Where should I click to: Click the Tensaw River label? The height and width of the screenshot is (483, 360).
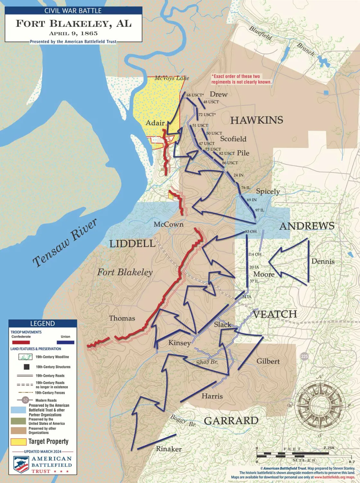pyautogui.click(x=65, y=243)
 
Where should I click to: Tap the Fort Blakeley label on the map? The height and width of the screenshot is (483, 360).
pyautogui.click(x=125, y=272)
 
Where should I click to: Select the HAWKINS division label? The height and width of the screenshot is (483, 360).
pyautogui.click(x=256, y=120)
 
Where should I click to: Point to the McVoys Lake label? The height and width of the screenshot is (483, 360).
pyautogui.click(x=172, y=78)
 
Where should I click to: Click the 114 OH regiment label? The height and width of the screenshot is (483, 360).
pyautogui.click(x=255, y=254)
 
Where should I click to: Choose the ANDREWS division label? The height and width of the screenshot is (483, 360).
pyautogui.click(x=307, y=226)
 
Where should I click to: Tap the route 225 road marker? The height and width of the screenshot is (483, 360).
pyautogui.click(x=304, y=356)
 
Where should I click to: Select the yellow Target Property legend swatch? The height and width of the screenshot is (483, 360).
pyautogui.click(x=18, y=442)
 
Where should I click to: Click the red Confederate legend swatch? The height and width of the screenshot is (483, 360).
pyautogui.click(x=21, y=342)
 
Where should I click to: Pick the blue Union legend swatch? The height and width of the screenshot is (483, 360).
pyautogui.click(x=65, y=342)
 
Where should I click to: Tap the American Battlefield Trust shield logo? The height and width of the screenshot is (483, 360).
pyautogui.click(x=21, y=465)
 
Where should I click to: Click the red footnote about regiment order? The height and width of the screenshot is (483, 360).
pyautogui.click(x=241, y=79)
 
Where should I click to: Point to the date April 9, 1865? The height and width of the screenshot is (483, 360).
pyautogui.click(x=73, y=33)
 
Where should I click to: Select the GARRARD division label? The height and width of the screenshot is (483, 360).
pyautogui.click(x=231, y=421)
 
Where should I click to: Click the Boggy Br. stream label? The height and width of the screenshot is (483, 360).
pyautogui.click(x=183, y=421)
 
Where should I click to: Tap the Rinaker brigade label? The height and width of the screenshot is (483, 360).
pyautogui.click(x=169, y=449)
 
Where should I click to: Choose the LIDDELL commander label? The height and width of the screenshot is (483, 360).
pyautogui.click(x=132, y=244)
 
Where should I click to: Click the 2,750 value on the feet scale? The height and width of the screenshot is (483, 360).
pyautogui.click(x=329, y=448)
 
